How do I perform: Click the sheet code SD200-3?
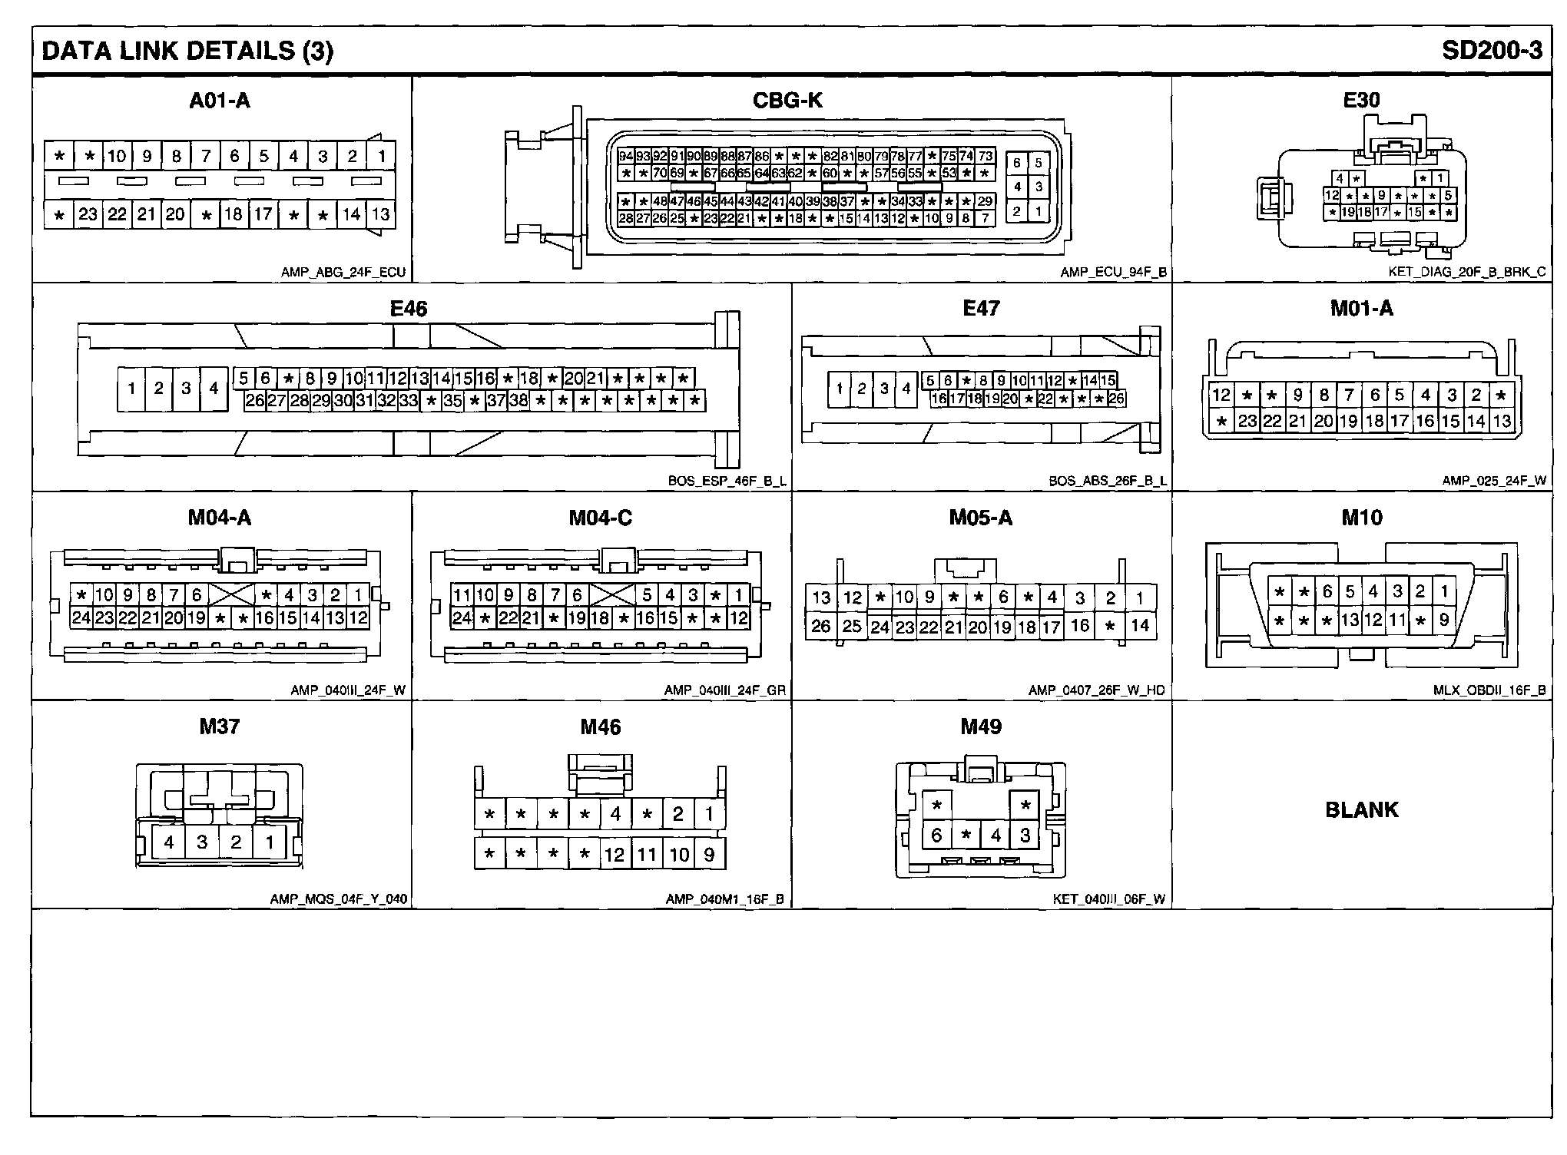pos(1491,51)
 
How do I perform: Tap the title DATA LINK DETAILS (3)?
pos(187,51)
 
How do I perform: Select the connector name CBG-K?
pos(787,101)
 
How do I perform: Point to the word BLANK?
pos(1362,809)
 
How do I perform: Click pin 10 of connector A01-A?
pos(117,157)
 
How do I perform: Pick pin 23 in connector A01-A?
pos(88,214)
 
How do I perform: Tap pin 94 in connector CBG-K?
pos(626,157)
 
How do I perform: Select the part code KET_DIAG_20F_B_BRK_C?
pos(1466,272)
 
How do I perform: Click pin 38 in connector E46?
pos(519,400)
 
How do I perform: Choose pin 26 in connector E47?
pos(1116,399)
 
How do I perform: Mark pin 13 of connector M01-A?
pos(1502,421)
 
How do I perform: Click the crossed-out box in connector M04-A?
pos(231,594)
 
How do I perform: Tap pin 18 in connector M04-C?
pos(600,618)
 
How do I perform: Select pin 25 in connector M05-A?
pos(852,626)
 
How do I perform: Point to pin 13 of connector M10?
pos(1350,620)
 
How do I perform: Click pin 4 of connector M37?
pos(169,842)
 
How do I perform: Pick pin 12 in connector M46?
pos(615,855)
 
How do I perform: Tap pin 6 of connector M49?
pos(936,835)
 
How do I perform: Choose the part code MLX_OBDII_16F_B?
pos(1489,690)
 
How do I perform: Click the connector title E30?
pos(1361,101)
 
